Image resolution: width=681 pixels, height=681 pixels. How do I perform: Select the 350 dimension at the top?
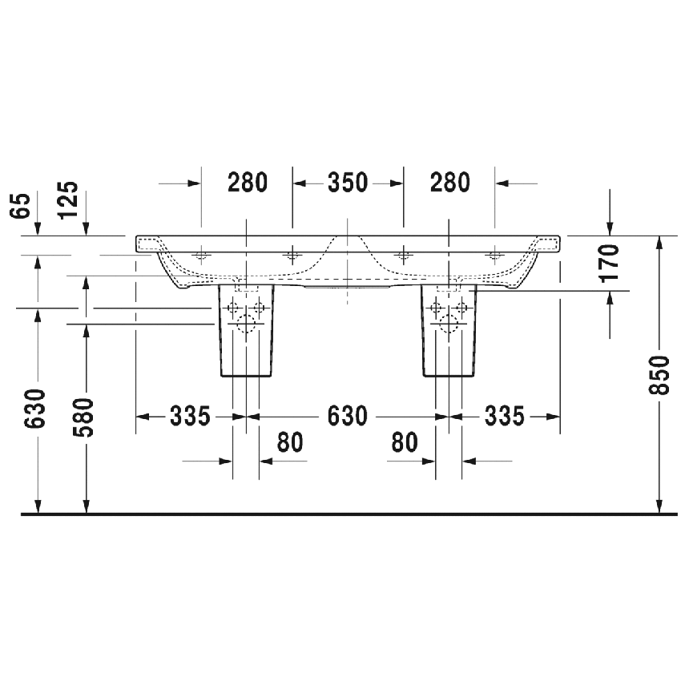click(x=348, y=183)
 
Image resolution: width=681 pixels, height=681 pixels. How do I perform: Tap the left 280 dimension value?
click(x=246, y=183)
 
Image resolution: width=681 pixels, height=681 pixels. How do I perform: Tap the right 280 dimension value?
click(x=449, y=183)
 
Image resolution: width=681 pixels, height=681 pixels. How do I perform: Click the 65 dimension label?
click(x=22, y=205)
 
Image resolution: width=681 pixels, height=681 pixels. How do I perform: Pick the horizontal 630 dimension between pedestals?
click(x=348, y=417)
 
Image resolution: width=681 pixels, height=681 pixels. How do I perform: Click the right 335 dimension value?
click(x=504, y=417)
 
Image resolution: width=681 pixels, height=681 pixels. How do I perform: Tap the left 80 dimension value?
click(x=290, y=442)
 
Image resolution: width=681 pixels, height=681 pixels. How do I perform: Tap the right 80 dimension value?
click(x=405, y=442)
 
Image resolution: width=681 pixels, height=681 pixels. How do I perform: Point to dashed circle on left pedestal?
click(x=246, y=324)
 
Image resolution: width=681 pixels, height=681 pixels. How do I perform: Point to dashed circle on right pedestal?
click(x=449, y=324)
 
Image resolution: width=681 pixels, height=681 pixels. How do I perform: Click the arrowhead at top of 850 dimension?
click(x=659, y=241)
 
